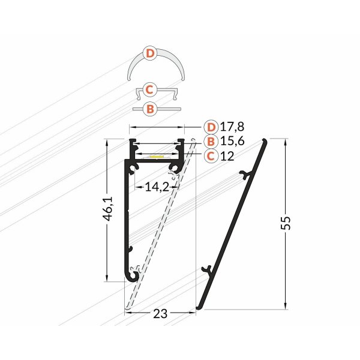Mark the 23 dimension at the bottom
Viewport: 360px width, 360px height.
coord(159,313)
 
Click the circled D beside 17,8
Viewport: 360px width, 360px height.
coord(211,127)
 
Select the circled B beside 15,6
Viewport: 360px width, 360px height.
coord(211,142)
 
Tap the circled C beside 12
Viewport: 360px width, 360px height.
coord(211,156)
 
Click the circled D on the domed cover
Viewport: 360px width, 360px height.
coord(151,54)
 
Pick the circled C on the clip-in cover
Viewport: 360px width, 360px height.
coord(151,90)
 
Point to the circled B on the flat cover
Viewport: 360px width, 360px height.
coord(151,109)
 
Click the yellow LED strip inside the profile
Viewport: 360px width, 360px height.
coord(155,157)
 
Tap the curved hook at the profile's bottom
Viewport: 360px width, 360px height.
coord(133,275)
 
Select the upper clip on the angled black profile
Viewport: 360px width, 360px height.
coord(244,175)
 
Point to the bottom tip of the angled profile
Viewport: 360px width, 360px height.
coord(199,309)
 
